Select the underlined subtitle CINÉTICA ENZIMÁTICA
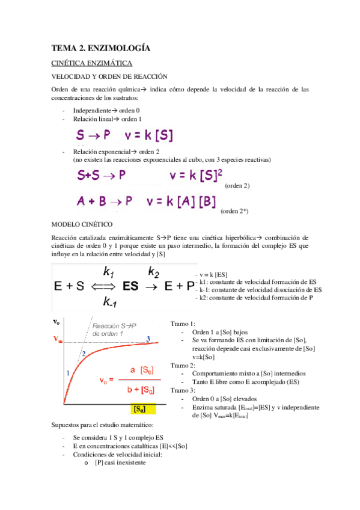pyautogui.click(x=91, y=63)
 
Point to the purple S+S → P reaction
pyautogui.click(x=102, y=176)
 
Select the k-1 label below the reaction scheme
pyautogui.click(x=111, y=301)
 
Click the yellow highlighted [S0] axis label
pyautogui.click(x=142, y=410)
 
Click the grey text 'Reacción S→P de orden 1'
pyautogui.click(x=115, y=330)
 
